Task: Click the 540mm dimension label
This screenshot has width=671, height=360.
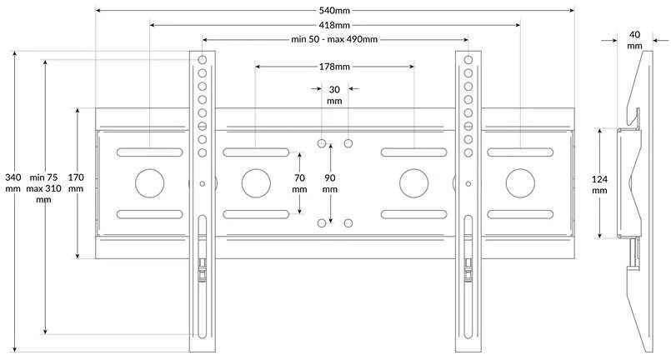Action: tap(334, 10)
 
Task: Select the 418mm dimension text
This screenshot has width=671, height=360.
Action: tap(334, 25)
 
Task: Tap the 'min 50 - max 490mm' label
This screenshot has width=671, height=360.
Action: tap(334, 39)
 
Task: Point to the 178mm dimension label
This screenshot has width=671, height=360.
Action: tap(334, 67)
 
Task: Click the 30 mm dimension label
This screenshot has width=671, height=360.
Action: tap(334, 95)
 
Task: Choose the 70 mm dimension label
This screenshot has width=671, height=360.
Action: tap(299, 183)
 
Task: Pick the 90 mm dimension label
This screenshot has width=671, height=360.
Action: tap(330, 183)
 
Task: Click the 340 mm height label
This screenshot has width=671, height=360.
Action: tap(13, 182)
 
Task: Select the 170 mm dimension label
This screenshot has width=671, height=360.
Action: tap(76, 182)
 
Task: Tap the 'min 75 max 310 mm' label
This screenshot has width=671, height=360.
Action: tap(43, 188)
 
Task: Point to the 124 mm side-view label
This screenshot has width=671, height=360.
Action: tap(599, 184)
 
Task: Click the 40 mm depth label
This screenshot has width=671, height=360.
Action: tap(635, 40)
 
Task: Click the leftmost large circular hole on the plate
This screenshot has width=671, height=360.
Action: tap(150, 183)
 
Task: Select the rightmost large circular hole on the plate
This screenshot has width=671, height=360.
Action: tap(520, 183)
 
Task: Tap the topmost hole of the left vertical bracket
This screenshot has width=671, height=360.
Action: tap(203, 59)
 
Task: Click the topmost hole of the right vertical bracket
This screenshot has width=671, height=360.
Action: tap(468, 59)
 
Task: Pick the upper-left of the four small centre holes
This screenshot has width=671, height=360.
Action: tap(322, 143)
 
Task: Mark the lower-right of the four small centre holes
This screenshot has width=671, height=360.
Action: tap(348, 223)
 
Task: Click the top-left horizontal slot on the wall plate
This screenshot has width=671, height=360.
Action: tap(150, 152)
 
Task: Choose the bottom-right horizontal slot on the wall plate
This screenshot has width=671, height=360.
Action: tap(520, 214)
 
